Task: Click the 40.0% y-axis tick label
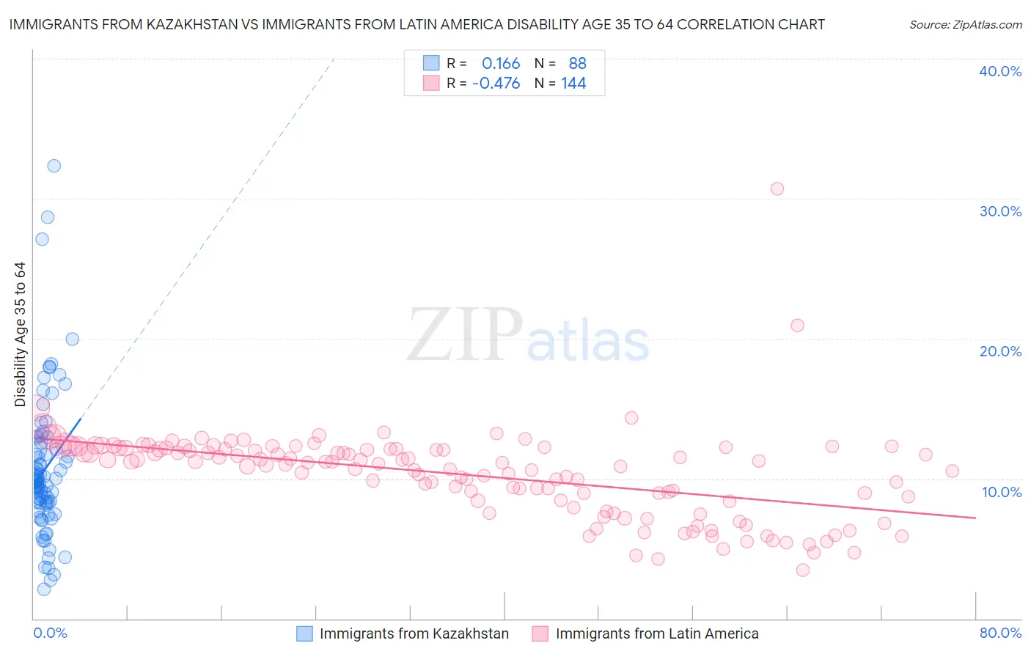(1000, 71)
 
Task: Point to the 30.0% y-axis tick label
(1000, 211)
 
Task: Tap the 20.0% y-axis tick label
(1000, 351)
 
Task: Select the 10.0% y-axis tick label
(1000, 492)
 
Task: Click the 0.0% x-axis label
(50, 633)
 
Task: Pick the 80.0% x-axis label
(1000, 633)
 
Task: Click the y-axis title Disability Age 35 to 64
(20, 334)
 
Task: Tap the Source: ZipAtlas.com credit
(965, 24)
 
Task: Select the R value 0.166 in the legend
(501, 64)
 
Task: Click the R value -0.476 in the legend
(496, 84)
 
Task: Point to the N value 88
(578, 64)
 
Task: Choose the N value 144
(573, 84)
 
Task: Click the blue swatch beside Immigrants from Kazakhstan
(304, 633)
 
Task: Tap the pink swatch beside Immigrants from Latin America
(540, 633)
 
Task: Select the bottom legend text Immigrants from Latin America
(657, 633)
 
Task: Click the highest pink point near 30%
(777, 188)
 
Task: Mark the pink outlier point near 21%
(797, 325)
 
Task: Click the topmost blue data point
(54, 166)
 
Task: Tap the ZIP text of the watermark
(465, 335)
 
